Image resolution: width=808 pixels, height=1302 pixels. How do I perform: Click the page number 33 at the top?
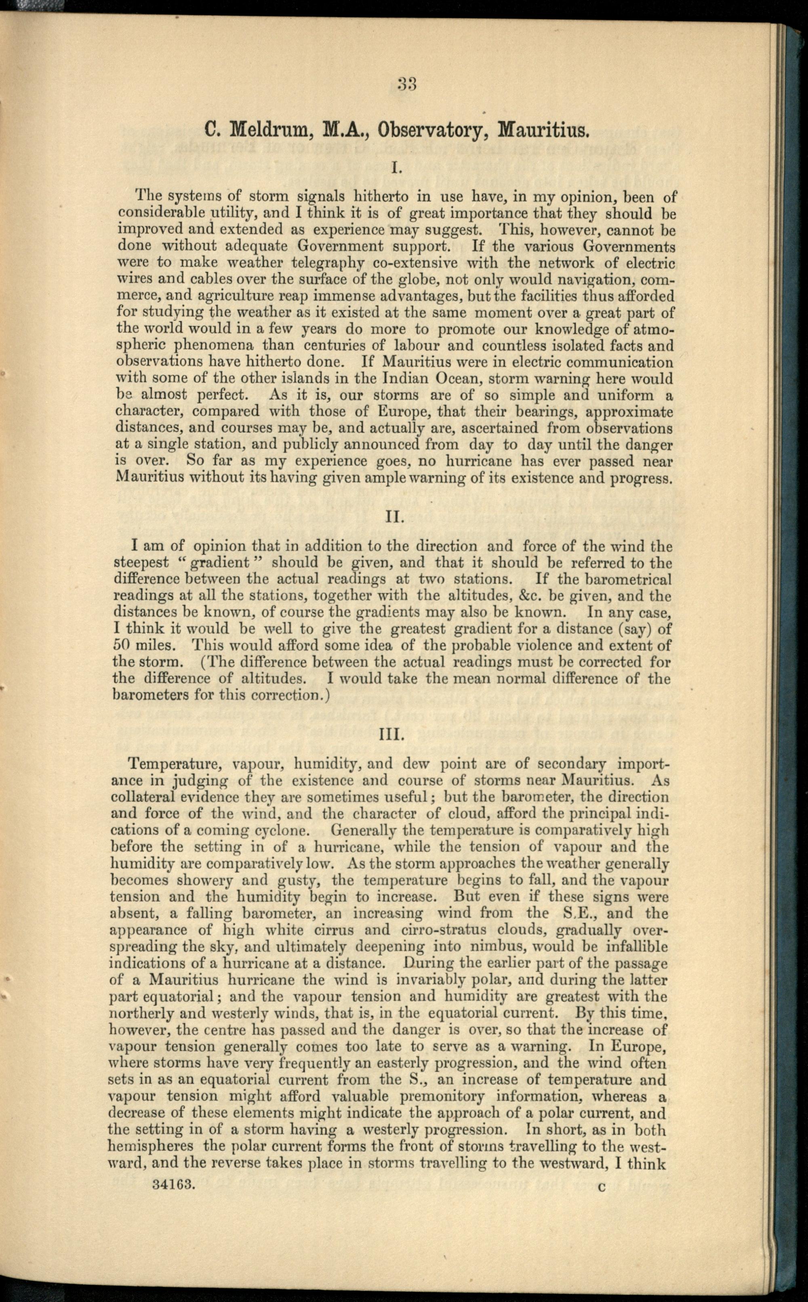[407, 84]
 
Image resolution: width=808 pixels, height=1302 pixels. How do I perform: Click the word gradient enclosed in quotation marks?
[220, 562]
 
